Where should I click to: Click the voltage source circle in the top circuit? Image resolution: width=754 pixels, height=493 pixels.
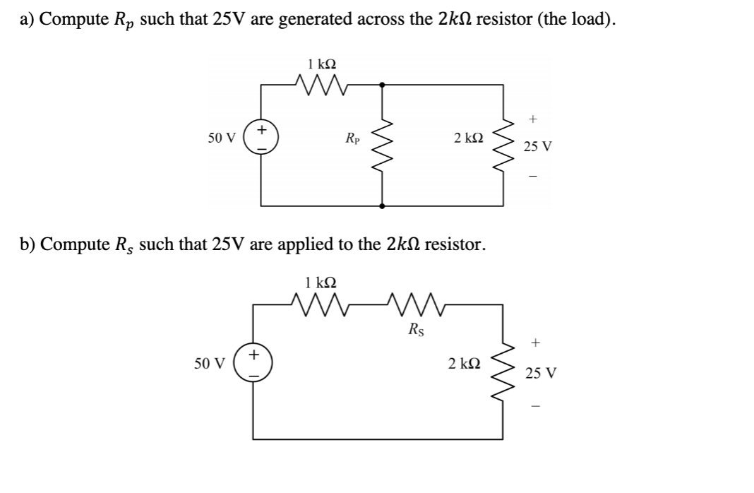click(261, 137)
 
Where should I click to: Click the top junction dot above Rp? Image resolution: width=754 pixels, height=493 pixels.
click(382, 85)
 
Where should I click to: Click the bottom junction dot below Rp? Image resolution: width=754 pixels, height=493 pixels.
click(382, 206)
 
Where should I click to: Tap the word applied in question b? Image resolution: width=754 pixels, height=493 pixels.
click(309, 245)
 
